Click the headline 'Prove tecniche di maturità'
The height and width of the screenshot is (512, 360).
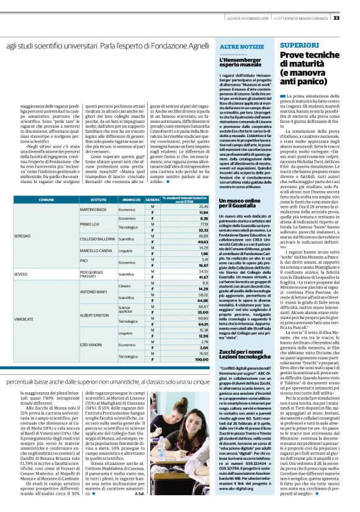point(309,60)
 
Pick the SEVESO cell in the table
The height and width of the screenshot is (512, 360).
point(20,274)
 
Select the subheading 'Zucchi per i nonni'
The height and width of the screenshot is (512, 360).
point(238,351)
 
